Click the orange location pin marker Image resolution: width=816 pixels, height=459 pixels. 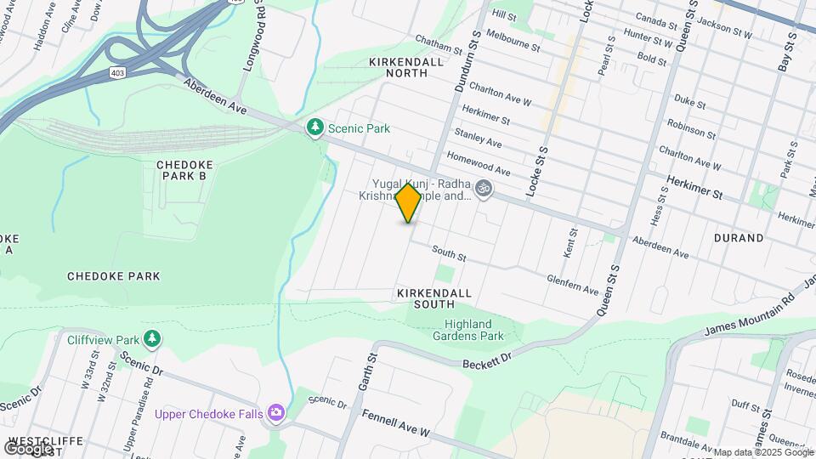pyautogui.click(x=409, y=203)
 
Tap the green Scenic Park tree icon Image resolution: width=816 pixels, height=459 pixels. pyautogui.click(x=315, y=127)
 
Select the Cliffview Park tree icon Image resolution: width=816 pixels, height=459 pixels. pyautogui.click(x=152, y=339)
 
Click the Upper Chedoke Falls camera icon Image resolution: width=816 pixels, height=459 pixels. pyautogui.click(x=275, y=413)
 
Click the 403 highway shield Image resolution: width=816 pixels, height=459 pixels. pyautogui.click(x=117, y=73)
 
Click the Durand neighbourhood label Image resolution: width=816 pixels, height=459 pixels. pyautogui.click(x=739, y=238)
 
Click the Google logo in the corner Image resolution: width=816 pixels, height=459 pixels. pyautogui.click(x=27, y=447)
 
